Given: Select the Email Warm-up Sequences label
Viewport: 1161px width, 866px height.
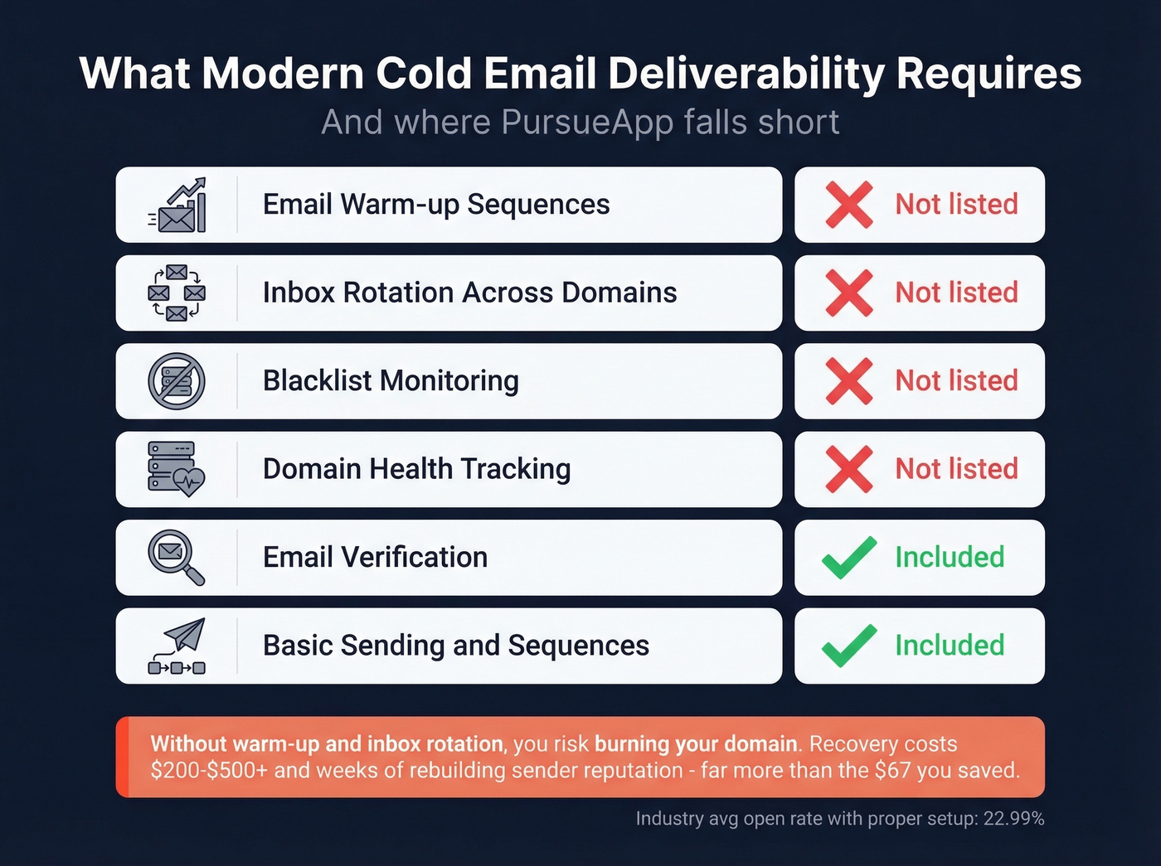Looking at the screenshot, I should pos(436,205).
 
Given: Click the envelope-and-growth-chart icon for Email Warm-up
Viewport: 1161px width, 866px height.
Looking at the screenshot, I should pos(177,205).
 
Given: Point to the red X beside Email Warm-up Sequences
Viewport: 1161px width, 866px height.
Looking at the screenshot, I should pos(849,205).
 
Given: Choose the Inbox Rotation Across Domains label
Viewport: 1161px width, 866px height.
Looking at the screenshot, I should pos(469,293).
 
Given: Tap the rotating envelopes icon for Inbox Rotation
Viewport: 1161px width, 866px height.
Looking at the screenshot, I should pos(177,293).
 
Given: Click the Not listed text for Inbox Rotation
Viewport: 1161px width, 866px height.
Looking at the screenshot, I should pos(956,293).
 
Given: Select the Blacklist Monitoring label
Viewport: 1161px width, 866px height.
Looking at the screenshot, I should pos(391,381).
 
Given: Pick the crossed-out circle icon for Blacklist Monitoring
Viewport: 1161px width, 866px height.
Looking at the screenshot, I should pos(177,381).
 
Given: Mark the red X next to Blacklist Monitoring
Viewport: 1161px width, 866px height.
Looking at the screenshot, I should pos(849,381).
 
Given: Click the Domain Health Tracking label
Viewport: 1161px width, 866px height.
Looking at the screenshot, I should pos(416,469).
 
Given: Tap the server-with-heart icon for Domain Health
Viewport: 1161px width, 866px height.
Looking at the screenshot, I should pos(177,469).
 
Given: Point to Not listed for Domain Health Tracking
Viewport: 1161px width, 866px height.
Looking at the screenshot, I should pos(956,469).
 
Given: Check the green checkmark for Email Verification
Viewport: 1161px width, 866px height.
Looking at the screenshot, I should pos(849,558).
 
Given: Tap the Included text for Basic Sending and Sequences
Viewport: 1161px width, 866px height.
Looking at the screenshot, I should pos(950,646).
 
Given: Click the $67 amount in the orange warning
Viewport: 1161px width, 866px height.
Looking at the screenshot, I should pos(892,771).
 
